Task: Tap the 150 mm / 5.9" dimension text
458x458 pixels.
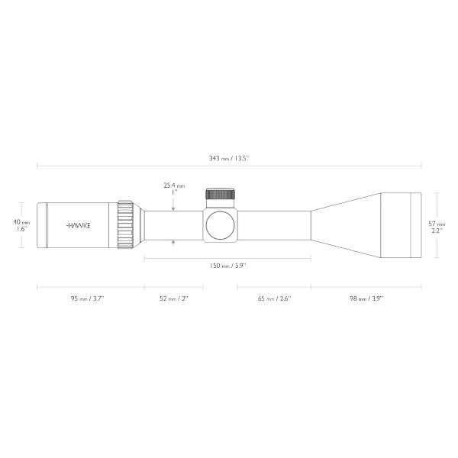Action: pyautogui.click(x=227, y=266)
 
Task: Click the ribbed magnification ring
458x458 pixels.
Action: pyautogui.click(x=124, y=225)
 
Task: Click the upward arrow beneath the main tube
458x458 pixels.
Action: pyautogui.click(x=174, y=244)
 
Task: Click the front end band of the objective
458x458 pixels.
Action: pyautogui.click(x=417, y=225)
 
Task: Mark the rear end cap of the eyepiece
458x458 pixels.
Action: pyautogui.click(x=40, y=225)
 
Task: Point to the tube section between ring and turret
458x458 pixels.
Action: pyautogui.click(x=172, y=225)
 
